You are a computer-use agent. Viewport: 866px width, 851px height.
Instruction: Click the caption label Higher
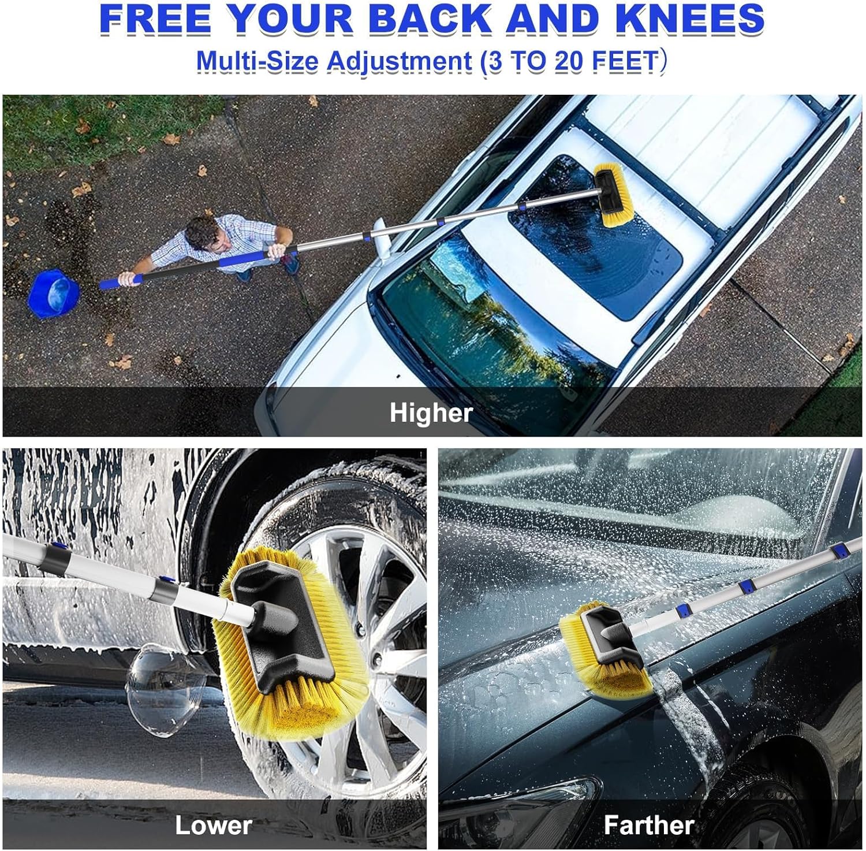pyautogui.click(x=431, y=413)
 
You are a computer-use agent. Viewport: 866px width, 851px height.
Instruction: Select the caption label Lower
pyautogui.click(x=214, y=824)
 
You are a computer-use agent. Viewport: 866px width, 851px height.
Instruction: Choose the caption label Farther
pyautogui.click(x=649, y=825)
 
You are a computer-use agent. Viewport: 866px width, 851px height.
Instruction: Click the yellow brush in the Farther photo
pyautogui.click(x=606, y=649)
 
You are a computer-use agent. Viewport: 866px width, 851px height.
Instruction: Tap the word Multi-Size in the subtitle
pyautogui.click(x=258, y=62)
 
